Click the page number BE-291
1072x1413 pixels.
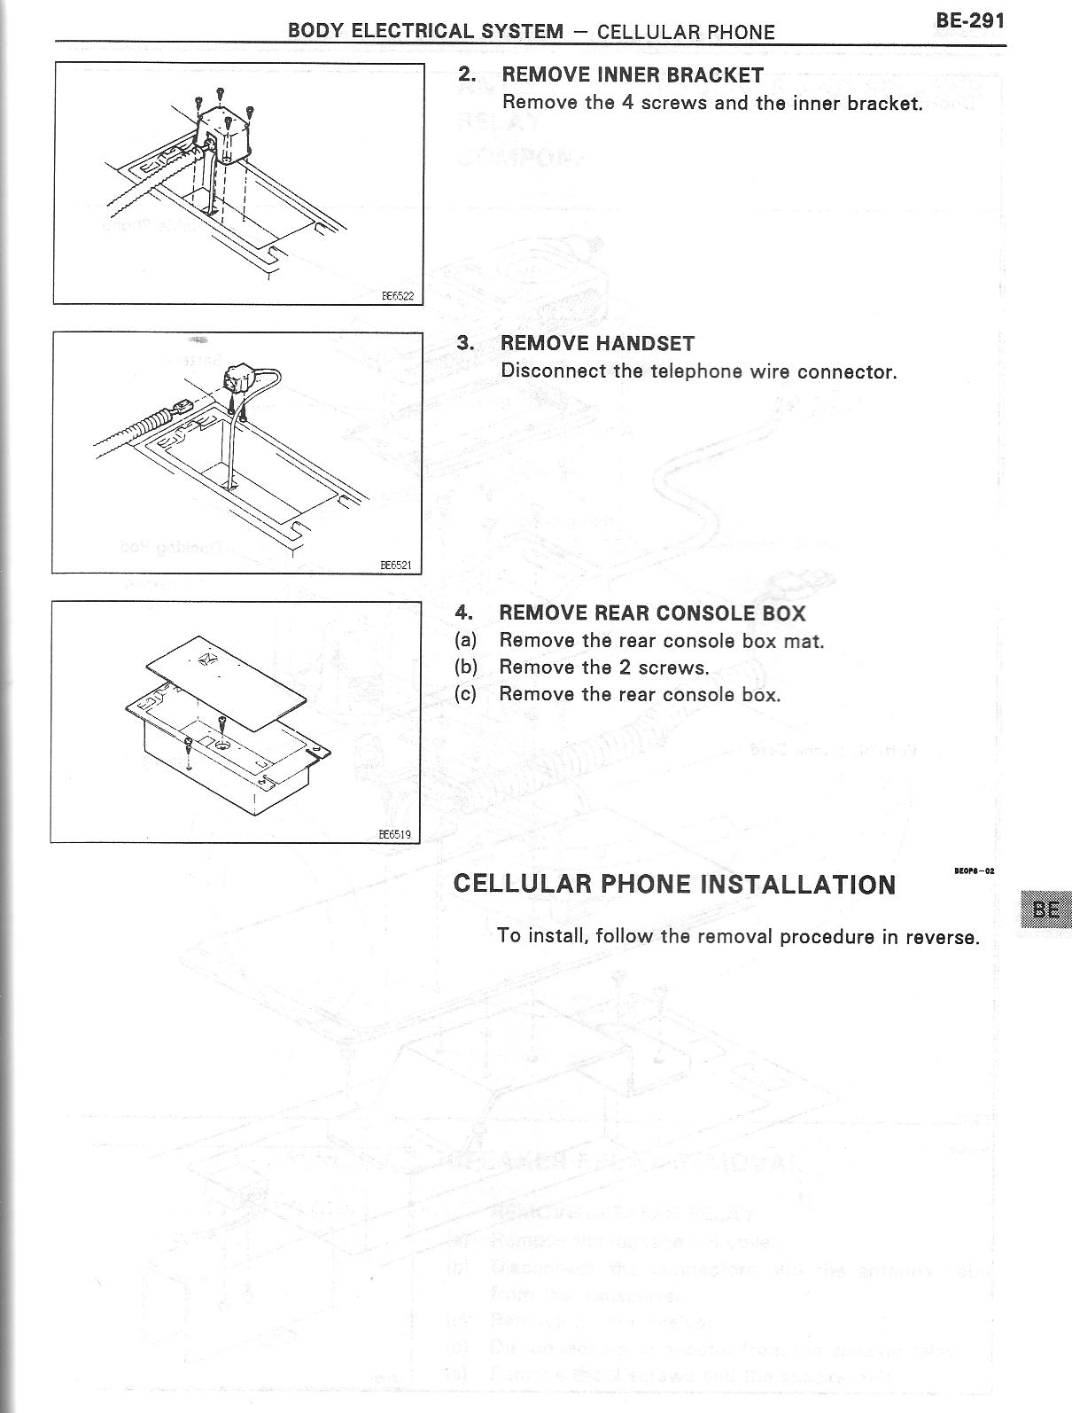pyautogui.click(x=969, y=20)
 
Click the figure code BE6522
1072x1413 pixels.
pyautogui.click(x=397, y=296)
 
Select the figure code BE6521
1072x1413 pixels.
pyautogui.click(x=395, y=565)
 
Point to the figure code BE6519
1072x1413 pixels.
pyautogui.click(x=394, y=833)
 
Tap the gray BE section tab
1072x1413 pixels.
pyautogui.click(x=1045, y=909)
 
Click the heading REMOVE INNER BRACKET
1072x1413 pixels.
pyautogui.click(x=632, y=75)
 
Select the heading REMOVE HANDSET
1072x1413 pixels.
pyautogui.click(x=597, y=344)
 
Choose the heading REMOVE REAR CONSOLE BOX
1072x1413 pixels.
pyautogui.click(x=652, y=613)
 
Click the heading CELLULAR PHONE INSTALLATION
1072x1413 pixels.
pyautogui.click(x=674, y=885)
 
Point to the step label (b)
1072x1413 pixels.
pyautogui.click(x=465, y=667)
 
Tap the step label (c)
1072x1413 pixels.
pyautogui.click(x=465, y=694)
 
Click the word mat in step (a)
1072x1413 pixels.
pyautogui.click(x=804, y=641)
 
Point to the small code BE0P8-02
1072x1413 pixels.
pyautogui.click(x=974, y=870)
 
